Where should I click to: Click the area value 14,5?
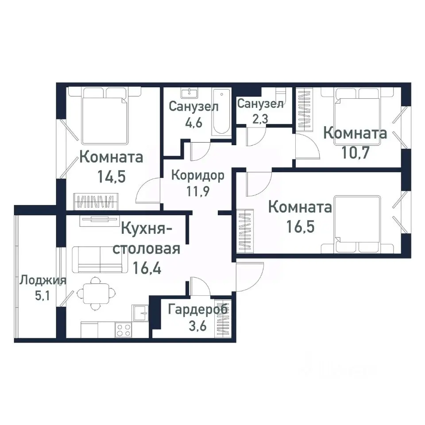click(x=111, y=177)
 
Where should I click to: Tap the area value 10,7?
click(x=355, y=153)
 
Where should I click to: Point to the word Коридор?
click(x=197, y=175)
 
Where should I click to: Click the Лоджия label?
click(x=42, y=280)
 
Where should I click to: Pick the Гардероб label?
click(x=197, y=309)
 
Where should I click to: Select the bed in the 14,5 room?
click(x=104, y=115)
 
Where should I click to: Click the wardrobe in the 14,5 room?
click(x=97, y=201)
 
